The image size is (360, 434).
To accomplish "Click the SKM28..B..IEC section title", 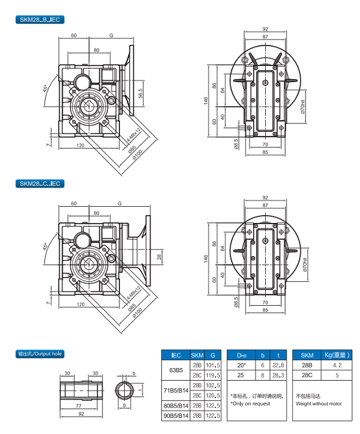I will pos(40,20).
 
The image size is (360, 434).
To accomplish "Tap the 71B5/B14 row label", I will pos(176,391).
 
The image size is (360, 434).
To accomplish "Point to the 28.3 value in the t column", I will pos(277,375).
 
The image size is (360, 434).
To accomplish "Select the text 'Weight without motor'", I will pos(319,403).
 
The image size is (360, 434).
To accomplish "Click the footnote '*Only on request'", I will pos(251,403).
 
